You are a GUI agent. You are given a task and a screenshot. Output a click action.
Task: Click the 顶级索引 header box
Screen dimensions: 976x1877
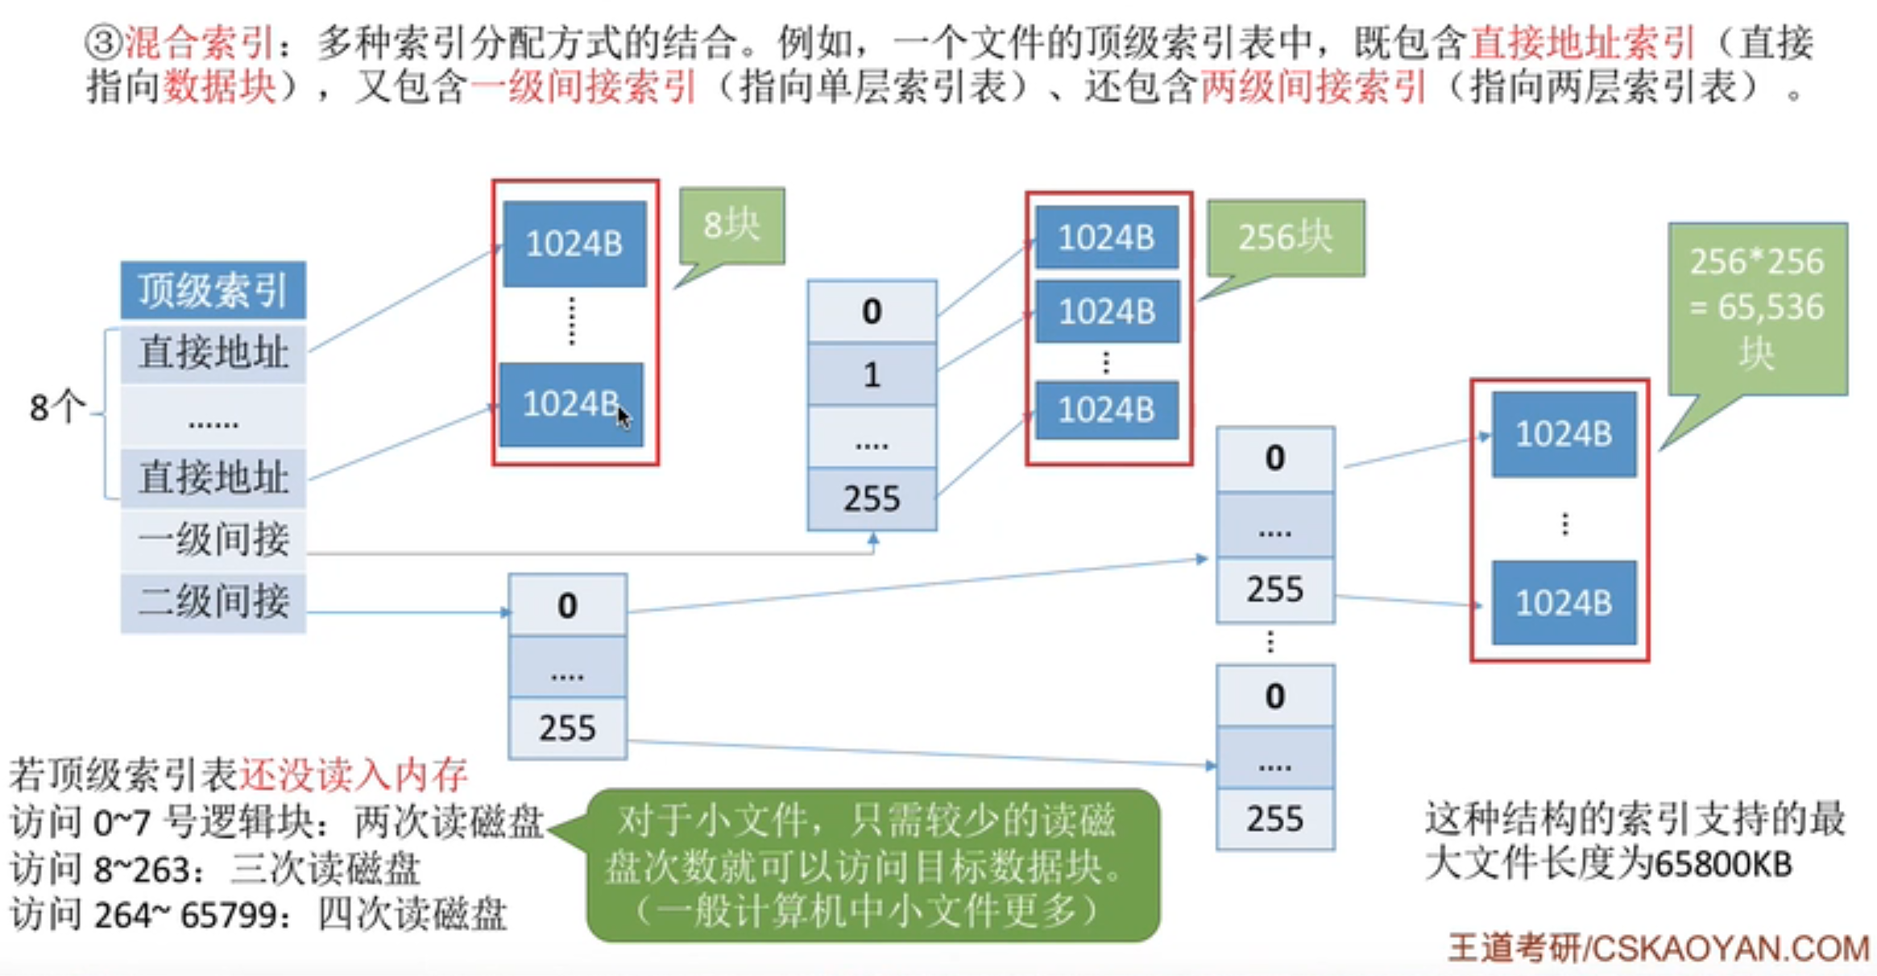click(x=213, y=290)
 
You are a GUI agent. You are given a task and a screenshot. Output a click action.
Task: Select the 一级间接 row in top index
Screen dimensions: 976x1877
click(x=213, y=540)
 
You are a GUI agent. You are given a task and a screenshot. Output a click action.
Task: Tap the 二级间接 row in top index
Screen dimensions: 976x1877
click(x=213, y=602)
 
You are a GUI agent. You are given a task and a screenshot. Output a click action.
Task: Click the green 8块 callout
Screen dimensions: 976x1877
click(x=731, y=225)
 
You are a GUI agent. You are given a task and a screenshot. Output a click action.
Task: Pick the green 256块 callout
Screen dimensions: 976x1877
click(x=1285, y=238)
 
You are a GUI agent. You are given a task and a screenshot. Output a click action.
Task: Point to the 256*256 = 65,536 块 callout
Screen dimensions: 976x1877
click(x=1757, y=308)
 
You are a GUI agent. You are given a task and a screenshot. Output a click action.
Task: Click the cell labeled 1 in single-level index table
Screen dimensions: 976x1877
click(x=872, y=375)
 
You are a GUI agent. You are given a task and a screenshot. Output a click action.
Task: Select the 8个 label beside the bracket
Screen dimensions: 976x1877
click(x=56, y=407)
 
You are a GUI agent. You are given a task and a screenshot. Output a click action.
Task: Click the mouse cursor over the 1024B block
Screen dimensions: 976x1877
click(x=624, y=417)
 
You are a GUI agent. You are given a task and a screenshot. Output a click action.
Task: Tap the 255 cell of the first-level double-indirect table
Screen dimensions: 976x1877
click(x=567, y=729)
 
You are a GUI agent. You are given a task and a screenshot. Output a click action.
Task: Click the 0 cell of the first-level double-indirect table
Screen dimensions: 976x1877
click(x=567, y=606)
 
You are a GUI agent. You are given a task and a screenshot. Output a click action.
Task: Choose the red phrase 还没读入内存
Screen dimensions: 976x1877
click(x=353, y=775)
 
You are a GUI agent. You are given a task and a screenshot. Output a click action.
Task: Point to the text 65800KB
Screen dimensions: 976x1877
click(x=1722, y=865)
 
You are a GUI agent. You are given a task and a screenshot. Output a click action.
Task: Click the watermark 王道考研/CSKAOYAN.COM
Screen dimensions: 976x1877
click(x=1658, y=948)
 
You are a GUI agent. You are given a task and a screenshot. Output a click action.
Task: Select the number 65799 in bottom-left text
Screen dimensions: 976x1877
click(x=228, y=915)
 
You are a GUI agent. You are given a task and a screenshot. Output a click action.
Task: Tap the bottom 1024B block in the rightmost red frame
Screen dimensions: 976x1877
click(x=1563, y=602)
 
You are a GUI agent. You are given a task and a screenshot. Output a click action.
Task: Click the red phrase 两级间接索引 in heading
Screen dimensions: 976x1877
click(x=1313, y=87)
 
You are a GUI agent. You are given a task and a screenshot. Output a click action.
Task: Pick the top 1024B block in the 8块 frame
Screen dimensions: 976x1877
click(x=574, y=243)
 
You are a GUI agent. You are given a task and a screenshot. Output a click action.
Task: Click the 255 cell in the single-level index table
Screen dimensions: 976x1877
click(x=872, y=499)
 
